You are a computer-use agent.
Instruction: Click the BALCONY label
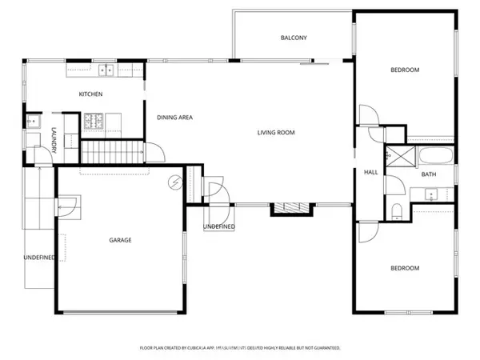click(x=294, y=38)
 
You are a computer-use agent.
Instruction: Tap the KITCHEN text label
click(x=90, y=94)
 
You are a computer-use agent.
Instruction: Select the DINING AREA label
click(x=174, y=118)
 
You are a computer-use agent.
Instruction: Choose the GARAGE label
click(x=120, y=240)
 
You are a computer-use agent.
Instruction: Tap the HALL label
click(x=371, y=173)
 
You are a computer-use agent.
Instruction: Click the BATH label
click(x=429, y=174)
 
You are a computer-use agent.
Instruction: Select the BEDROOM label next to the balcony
click(x=405, y=70)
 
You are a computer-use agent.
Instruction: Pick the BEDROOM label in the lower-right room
click(x=405, y=268)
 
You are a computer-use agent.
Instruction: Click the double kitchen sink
click(x=106, y=70)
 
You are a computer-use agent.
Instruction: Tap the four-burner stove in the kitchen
click(x=93, y=122)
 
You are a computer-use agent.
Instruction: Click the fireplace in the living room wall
click(x=290, y=208)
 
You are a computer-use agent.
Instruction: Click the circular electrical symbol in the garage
click(x=174, y=183)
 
